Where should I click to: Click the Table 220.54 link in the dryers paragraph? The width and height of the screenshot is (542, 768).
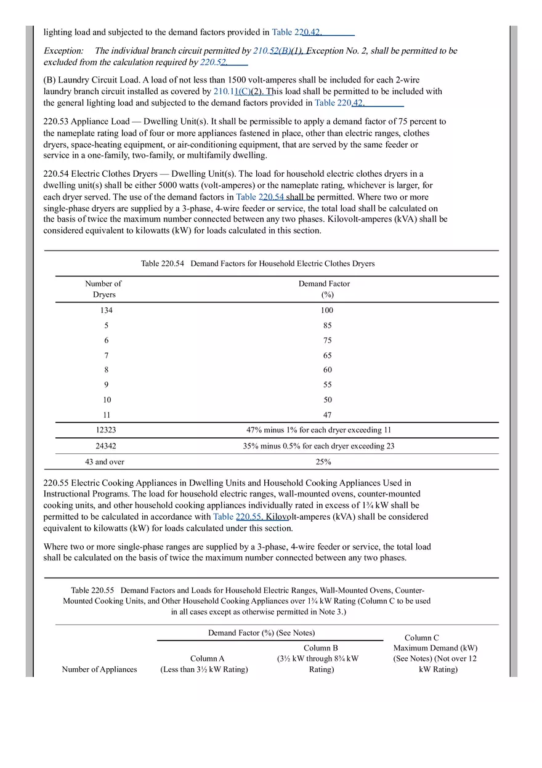pos(260,197)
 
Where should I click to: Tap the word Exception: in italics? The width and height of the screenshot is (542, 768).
pos(63,51)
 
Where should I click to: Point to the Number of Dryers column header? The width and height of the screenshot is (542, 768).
pos(103,289)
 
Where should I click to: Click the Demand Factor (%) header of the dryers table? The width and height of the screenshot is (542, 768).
pos(324,289)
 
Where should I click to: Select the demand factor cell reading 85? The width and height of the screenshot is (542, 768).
pos(327,326)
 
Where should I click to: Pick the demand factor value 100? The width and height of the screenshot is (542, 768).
pos(326,310)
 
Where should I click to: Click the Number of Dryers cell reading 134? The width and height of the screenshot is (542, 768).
pos(106,310)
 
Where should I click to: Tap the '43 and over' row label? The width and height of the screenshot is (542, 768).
pos(105,462)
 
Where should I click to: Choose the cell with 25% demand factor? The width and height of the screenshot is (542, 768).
pos(323,462)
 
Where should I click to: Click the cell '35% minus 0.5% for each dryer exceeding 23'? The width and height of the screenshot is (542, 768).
pos(318,446)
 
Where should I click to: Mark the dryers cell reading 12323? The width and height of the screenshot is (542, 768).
pos(106,430)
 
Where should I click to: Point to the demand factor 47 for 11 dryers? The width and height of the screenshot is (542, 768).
pos(327,415)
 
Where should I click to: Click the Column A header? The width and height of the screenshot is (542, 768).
pos(204,658)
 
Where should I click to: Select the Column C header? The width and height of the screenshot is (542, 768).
pos(422,638)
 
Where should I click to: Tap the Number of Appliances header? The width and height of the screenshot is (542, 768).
pos(99,669)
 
